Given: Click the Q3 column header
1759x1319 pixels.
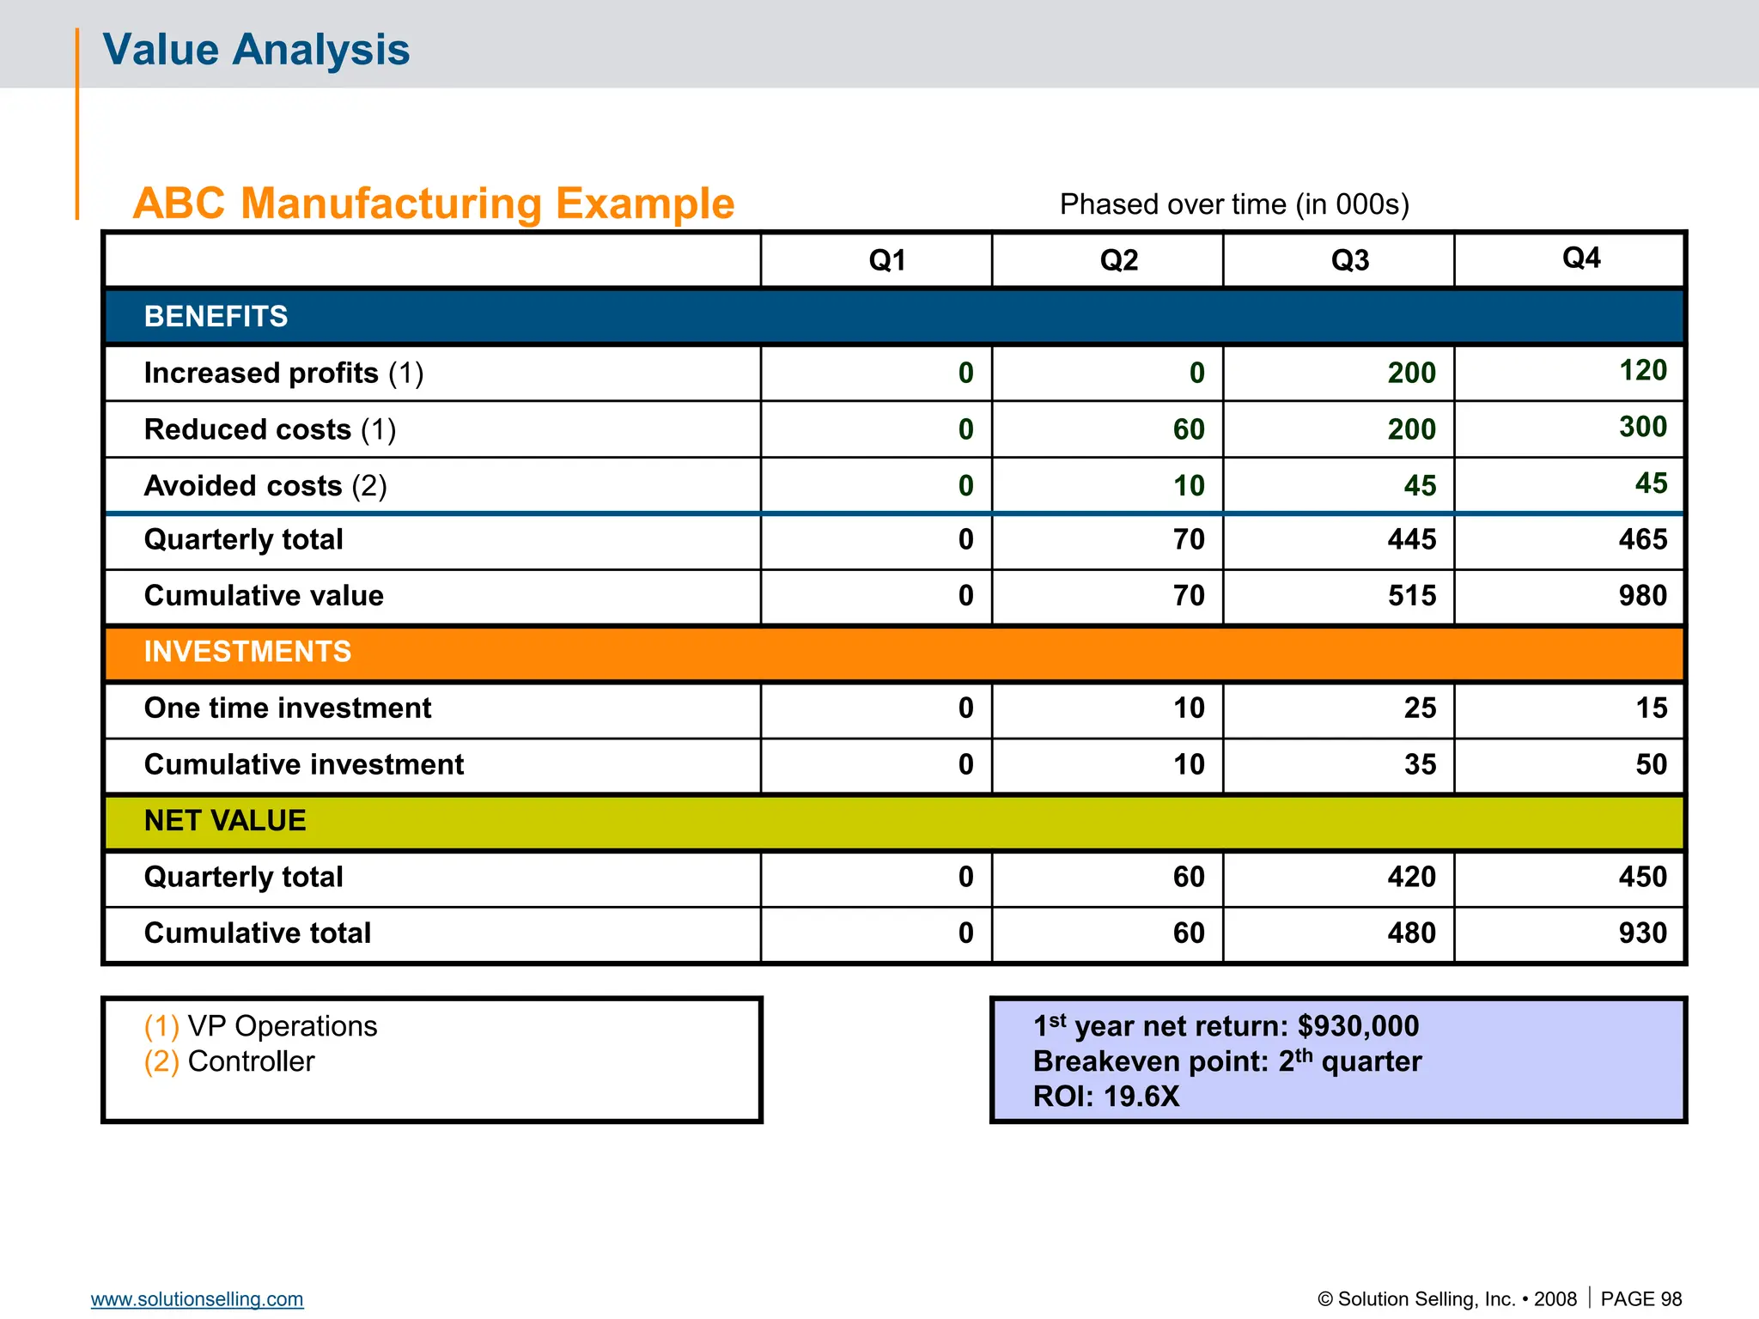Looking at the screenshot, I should click(x=1349, y=259).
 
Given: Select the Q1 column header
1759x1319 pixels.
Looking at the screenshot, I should click(x=886, y=259).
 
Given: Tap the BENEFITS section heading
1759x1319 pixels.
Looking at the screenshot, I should click(x=216, y=316).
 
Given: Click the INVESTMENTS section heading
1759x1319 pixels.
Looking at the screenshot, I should click(x=247, y=652).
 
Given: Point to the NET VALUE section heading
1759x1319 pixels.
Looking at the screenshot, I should click(x=225, y=820).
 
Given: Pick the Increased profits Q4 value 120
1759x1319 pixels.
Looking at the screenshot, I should click(x=1642, y=370).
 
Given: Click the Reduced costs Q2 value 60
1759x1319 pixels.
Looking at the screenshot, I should click(x=1189, y=429).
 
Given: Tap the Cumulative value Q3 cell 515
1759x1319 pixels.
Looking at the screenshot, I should click(x=1411, y=595).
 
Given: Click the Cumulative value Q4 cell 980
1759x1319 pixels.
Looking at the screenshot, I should click(x=1642, y=595).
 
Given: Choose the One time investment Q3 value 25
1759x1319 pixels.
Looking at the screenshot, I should click(x=1420, y=708).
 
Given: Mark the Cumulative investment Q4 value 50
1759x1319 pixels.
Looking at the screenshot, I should click(x=1651, y=764).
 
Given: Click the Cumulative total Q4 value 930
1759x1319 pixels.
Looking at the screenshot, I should click(x=1642, y=933).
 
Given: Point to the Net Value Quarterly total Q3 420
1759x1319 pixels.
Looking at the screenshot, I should click(x=1411, y=877).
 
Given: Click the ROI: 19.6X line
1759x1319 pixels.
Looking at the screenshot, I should click(x=1106, y=1097).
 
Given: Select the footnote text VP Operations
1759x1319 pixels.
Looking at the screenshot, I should click(x=282, y=1026).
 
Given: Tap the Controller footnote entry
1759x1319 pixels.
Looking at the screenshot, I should click(x=251, y=1061).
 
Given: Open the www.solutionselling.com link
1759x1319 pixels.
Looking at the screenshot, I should click(x=197, y=1298).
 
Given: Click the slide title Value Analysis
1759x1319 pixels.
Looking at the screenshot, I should click(x=256, y=49).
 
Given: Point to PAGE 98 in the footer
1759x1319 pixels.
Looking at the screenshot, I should click(x=1640, y=1298).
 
